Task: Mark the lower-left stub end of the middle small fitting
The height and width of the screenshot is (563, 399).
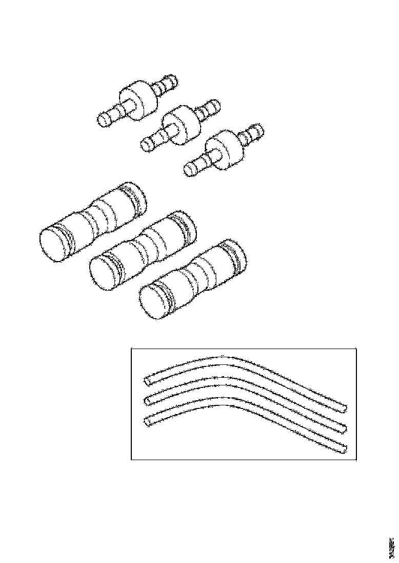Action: click(146, 145)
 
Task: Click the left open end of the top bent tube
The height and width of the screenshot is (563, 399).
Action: click(147, 381)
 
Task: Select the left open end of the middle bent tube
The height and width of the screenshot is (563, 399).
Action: click(148, 400)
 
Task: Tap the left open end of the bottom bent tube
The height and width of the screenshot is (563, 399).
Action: click(148, 421)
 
